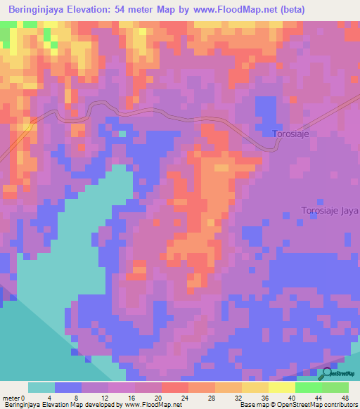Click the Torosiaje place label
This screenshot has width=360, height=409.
pos(290,133)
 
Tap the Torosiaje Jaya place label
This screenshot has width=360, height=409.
pos(329,210)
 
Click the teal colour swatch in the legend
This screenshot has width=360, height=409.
pos(41,387)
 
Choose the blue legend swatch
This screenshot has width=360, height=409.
pos(68,387)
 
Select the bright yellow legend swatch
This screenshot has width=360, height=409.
pos(282,387)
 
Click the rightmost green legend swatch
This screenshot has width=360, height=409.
pos(335,387)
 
